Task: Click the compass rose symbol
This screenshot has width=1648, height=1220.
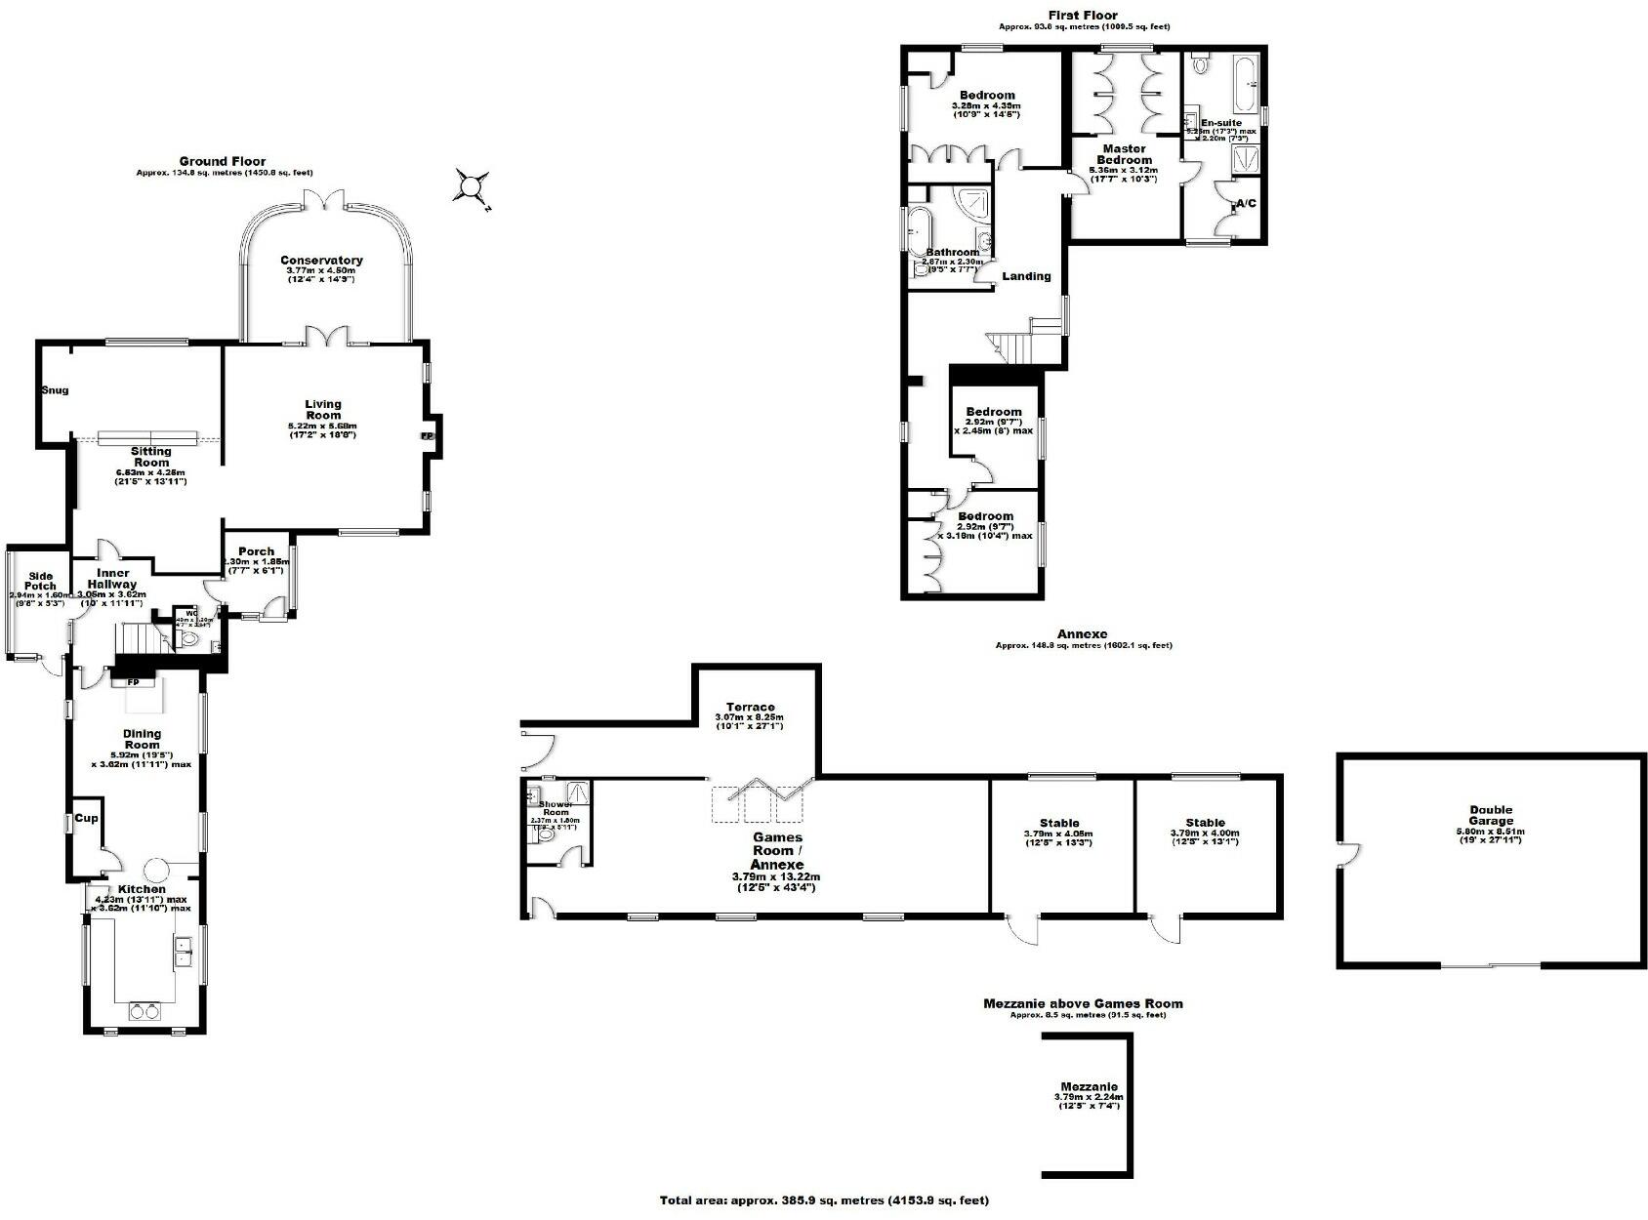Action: click(473, 185)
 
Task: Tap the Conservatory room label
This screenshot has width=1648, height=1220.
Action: click(321, 261)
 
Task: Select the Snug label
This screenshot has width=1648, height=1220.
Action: click(55, 390)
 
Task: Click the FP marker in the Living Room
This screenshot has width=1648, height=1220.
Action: click(427, 436)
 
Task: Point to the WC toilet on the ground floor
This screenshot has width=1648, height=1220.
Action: click(190, 640)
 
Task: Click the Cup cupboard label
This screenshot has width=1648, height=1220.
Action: click(86, 818)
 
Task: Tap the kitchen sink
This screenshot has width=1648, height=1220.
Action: click(182, 952)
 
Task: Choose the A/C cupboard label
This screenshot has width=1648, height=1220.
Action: click(1246, 204)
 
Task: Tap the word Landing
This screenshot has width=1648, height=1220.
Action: click(1026, 276)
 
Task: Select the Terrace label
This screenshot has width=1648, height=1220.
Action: click(750, 708)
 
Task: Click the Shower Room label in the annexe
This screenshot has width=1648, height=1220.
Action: click(555, 808)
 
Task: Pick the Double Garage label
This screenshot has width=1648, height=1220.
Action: click(1491, 816)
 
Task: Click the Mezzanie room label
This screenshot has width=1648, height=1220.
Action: click(1089, 1086)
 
